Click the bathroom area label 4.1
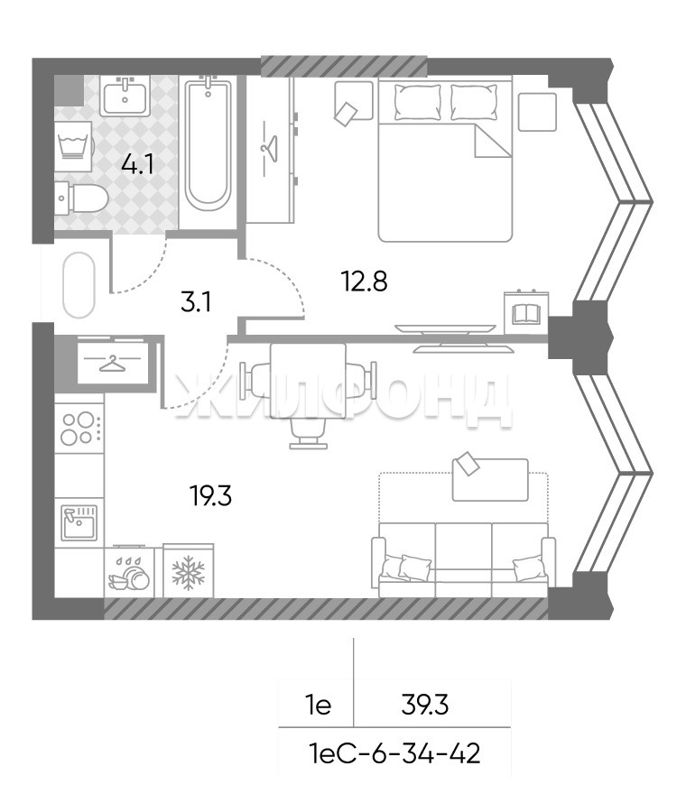tap(138, 165)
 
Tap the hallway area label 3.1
tap(196, 302)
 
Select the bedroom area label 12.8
tap(365, 282)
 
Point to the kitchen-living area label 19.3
tap(211, 495)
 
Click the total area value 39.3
tap(425, 706)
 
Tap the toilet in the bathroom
tap(82, 198)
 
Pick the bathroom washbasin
tap(125, 96)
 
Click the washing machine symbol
tap(74, 143)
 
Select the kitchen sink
tap(79, 523)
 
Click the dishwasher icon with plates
tap(129, 573)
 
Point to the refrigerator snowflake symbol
tap(189, 573)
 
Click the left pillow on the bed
tap(418, 103)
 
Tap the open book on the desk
tap(526, 313)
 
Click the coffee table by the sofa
tap(490, 480)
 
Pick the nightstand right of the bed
tap(537, 112)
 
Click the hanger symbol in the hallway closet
tap(113, 365)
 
